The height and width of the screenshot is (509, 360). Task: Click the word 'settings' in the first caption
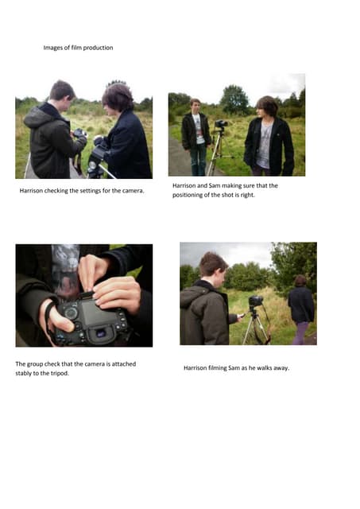(85, 191)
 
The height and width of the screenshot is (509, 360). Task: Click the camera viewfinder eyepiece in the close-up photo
(100, 333)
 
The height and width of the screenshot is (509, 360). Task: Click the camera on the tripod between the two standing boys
(221, 124)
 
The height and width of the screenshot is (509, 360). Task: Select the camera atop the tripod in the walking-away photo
(256, 301)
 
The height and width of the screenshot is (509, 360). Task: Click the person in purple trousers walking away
(302, 309)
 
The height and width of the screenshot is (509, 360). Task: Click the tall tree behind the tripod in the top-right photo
(234, 99)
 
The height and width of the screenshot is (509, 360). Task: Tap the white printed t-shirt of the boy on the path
(199, 129)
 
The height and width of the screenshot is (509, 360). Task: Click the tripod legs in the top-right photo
(219, 153)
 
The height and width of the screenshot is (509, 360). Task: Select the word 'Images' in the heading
(53, 48)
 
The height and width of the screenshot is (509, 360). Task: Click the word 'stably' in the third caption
(24, 373)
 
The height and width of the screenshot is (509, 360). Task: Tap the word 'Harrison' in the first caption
(31, 191)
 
